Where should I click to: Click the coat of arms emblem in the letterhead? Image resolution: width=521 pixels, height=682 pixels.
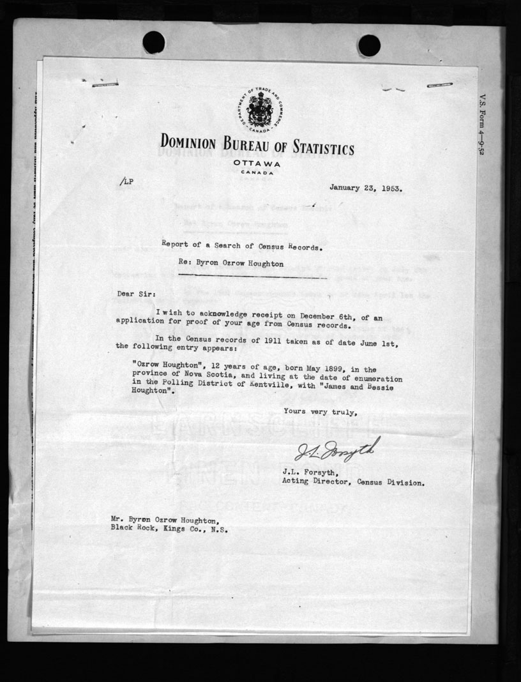tap(258, 109)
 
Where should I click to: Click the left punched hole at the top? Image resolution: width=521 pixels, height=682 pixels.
tap(153, 43)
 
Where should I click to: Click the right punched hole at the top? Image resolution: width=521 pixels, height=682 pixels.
tap(369, 45)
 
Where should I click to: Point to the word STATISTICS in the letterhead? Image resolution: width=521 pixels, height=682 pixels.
tap(317, 149)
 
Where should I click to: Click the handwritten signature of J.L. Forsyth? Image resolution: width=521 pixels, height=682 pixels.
tap(337, 450)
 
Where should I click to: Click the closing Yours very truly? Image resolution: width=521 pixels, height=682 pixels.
tap(317, 412)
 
